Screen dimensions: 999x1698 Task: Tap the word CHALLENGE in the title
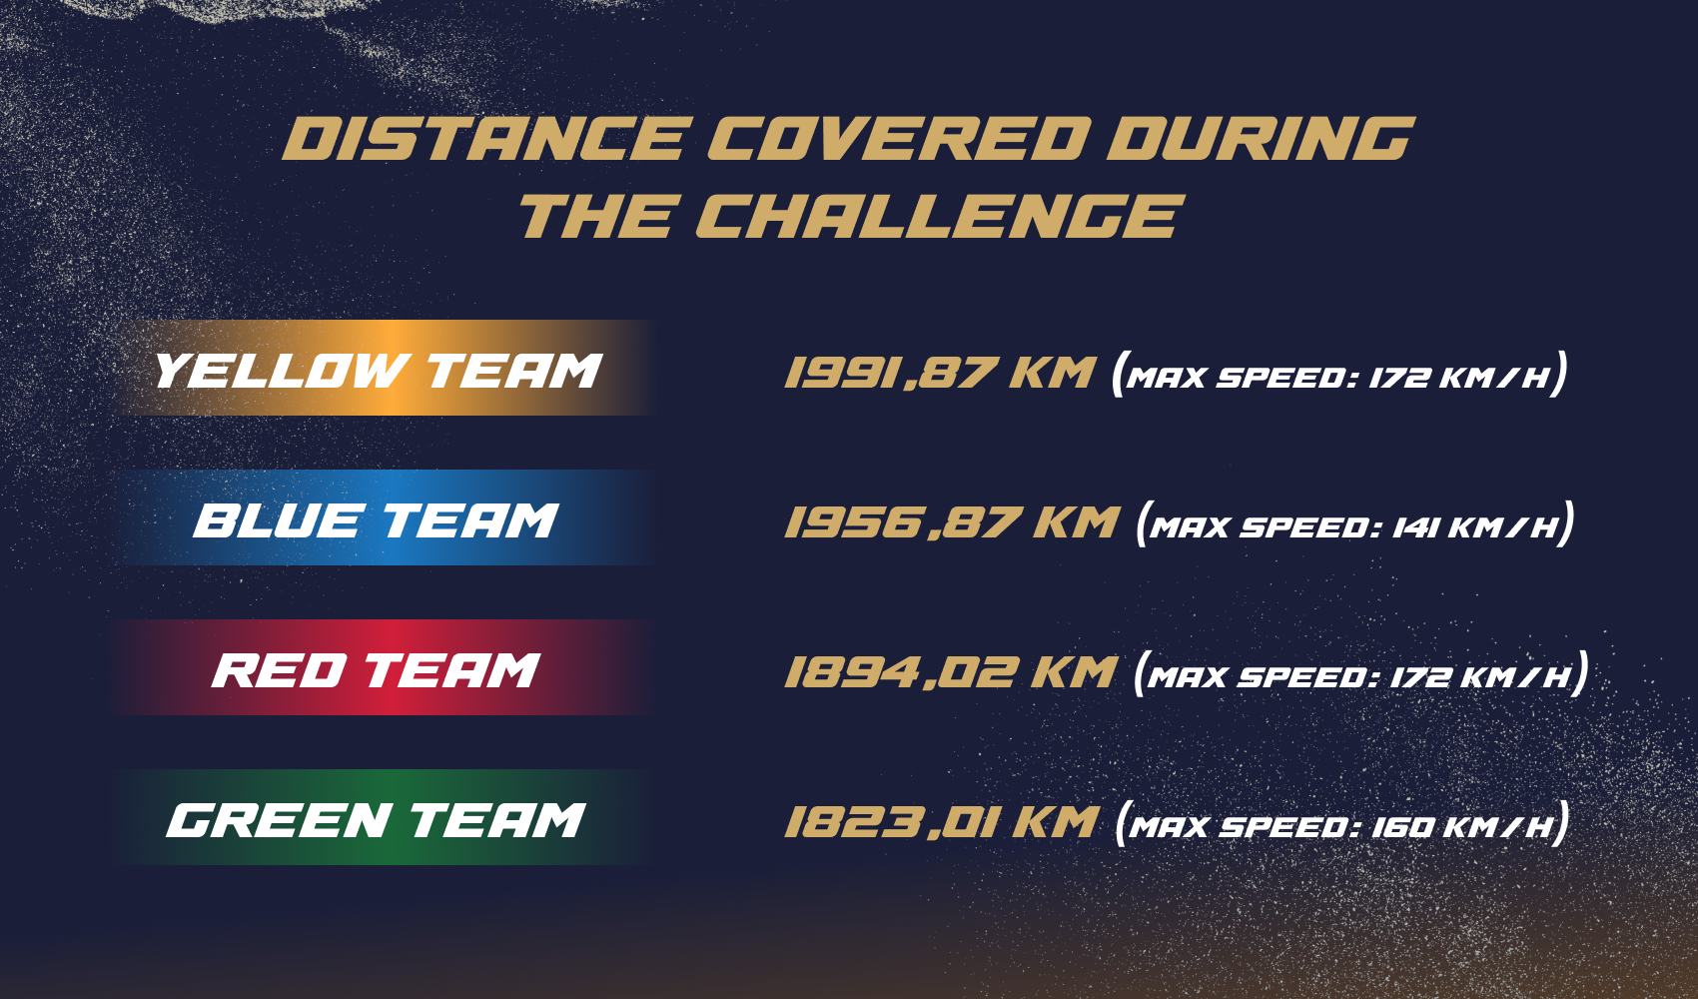pos(939,217)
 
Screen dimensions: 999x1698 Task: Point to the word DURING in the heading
pos(1260,139)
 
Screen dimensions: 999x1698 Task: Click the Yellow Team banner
pos(384,369)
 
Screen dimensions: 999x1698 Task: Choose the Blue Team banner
pos(384,518)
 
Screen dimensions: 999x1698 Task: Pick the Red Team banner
pos(384,668)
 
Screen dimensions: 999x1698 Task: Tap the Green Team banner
pos(384,818)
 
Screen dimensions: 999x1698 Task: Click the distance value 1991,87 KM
pos(940,374)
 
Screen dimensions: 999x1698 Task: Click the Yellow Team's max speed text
pos(1339,376)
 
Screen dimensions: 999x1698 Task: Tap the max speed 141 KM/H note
pos(1355,525)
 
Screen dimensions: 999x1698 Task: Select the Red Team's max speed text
pos(1360,675)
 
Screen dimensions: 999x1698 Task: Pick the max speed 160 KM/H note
pos(1341,825)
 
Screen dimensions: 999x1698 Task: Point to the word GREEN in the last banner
pos(279,820)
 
